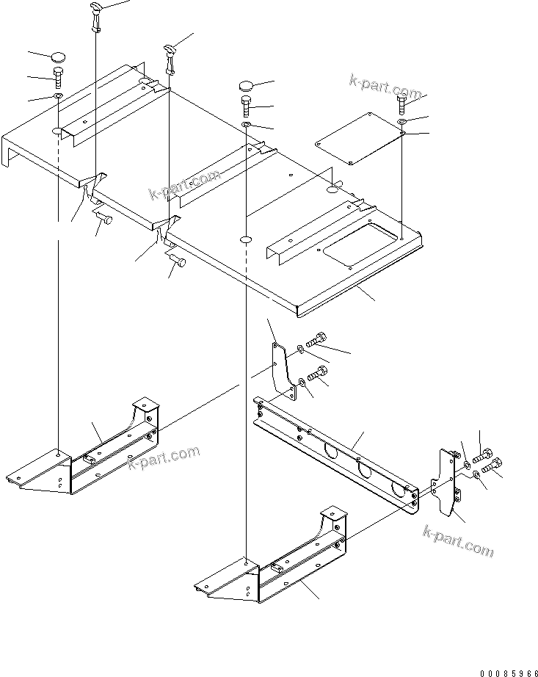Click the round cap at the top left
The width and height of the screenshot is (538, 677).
coord(59,57)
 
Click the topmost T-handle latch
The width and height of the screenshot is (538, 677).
coord(97,14)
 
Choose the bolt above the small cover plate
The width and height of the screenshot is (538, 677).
coord(401,104)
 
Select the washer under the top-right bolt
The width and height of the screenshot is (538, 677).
coord(402,120)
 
